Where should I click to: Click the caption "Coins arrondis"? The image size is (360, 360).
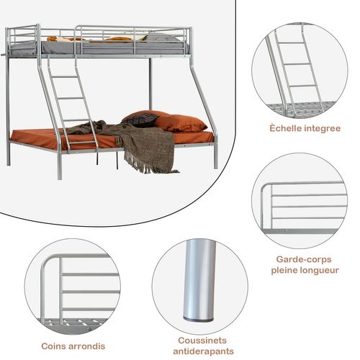click(x=73, y=346)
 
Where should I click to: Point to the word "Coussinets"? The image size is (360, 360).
click(x=201, y=340)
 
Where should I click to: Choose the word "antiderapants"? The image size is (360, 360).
click(x=201, y=351)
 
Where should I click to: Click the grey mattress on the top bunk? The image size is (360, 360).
click(x=108, y=48)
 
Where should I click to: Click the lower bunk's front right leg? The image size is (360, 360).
click(x=215, y=155)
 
